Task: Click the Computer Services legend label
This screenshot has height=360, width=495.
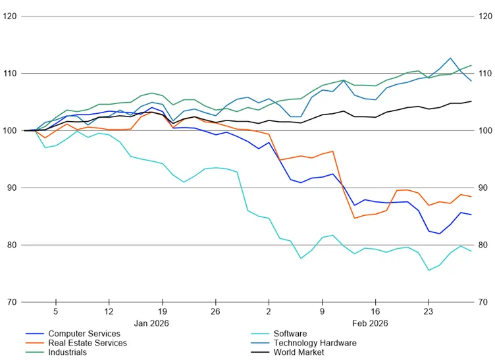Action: (84, 334)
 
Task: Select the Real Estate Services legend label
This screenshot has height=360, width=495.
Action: (88, 343)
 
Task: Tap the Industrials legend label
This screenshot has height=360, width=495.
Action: (67, 352)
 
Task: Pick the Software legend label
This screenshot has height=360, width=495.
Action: (290, 334)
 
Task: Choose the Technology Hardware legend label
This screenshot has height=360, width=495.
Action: (315, 343)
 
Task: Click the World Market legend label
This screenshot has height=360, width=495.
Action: (299, 352)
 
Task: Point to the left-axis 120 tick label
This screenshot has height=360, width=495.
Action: (10, 16)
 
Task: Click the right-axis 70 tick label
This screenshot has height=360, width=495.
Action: (482, 302)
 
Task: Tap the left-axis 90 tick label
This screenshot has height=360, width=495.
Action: (12, 188)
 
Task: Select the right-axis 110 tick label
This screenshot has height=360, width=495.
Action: (485, 74)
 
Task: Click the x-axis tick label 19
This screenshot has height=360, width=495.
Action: (162, 312)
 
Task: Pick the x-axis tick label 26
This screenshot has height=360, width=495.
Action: (215, 312)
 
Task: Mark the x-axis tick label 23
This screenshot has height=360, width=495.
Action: (429, 312)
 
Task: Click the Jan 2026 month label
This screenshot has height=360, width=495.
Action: (151, 323)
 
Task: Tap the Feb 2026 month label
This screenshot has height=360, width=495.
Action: (370, 323)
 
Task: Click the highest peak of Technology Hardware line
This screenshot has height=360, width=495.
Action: (450, 58)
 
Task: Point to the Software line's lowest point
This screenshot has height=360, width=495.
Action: (429, 270)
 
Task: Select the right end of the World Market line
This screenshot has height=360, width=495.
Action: (471, 101)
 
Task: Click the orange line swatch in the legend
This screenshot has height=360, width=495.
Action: (35, 343)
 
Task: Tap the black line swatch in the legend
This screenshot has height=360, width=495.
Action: (261, 352)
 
